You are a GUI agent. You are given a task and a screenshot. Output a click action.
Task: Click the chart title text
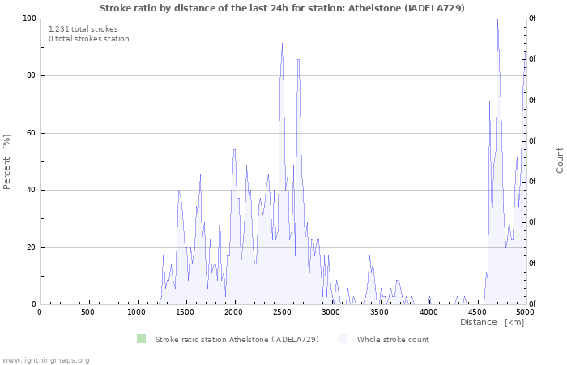click(282, 8)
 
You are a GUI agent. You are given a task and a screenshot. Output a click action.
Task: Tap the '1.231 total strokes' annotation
click(83, 29)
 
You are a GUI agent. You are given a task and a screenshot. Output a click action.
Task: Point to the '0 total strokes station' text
click(89, 39)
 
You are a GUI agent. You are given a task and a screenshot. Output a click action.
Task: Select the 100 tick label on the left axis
click(29, 19)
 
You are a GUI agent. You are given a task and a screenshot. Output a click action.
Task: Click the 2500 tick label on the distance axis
click(282, 312)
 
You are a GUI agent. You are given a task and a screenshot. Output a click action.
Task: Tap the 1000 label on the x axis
click(136, 312)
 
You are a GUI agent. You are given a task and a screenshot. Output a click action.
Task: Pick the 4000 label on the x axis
click(428, 312)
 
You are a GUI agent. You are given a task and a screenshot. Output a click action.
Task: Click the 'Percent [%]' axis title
click(6, 162)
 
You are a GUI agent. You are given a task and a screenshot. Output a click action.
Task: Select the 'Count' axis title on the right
click(560, 160)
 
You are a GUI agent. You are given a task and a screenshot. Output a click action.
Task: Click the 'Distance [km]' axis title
click(492, 322)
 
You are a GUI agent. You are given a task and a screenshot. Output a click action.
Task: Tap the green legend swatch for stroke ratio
click(141, 339)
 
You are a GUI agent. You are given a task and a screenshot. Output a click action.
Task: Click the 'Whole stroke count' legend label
click(393, 340)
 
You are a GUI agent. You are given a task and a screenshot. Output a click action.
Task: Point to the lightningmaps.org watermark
click(45, 360)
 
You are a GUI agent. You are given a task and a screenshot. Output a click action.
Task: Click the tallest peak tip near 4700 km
click(497, 19)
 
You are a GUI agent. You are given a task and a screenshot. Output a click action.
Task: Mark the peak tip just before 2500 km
click(282, 43)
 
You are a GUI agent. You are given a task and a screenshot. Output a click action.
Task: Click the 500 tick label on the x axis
click(87, 312)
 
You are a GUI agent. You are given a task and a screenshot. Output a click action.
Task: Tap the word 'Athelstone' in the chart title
click(375, 8)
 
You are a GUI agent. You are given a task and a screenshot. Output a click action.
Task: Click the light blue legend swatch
click(343, 339)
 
